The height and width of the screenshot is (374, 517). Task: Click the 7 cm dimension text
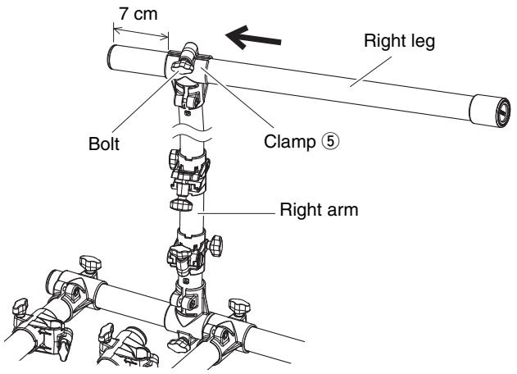(x=138, y=14)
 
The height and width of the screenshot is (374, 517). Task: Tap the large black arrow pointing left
(x=253, y=37)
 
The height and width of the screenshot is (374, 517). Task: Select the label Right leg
(x=399, y=42)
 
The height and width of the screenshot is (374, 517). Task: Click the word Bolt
(x=104, y=144)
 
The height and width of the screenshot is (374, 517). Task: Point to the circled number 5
(x=330, y=142)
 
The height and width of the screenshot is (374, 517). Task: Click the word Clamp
(x=290, y=142)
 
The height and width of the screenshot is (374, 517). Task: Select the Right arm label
(x=319, y=210)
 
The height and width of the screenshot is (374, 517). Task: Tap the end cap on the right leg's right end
(x=490, y=111)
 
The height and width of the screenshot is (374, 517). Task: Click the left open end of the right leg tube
(x=114, y=57)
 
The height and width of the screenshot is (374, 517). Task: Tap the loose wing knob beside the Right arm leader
(x=181, y=205)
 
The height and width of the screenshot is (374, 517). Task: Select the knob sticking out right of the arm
(x=216, y=245)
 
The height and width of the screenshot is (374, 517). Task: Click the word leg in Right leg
(x=422, y=42)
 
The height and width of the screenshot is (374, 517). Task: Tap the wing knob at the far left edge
(x=20, y=307)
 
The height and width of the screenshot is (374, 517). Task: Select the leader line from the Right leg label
(x=370, y=71)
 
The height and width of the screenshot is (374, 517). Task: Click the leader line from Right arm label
(x=236, y=213)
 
